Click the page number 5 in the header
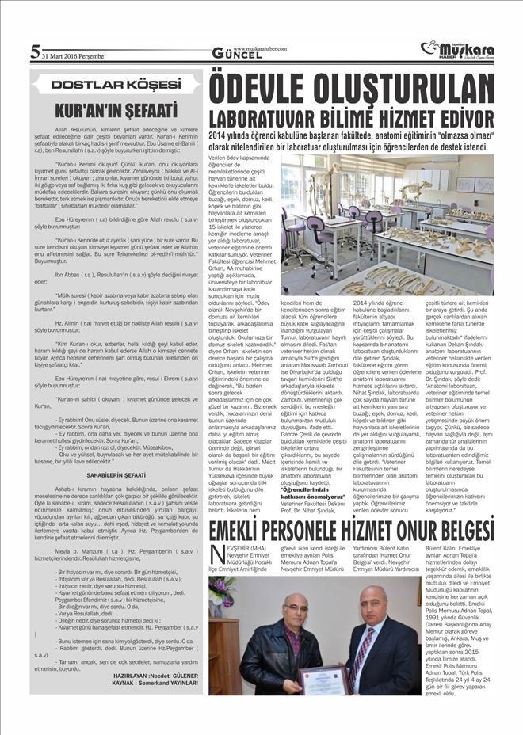(x=35, y=51)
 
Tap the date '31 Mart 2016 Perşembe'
(x=73, y=55)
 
